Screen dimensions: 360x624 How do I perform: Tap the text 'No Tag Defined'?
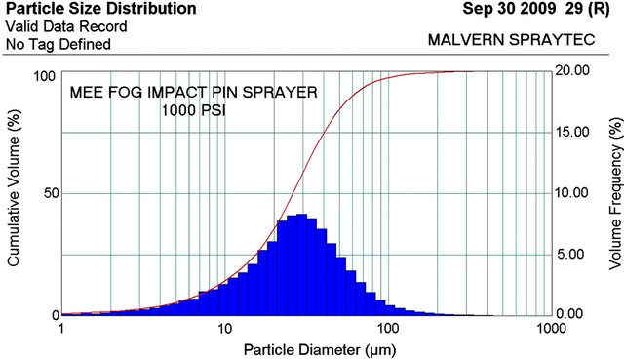[x=58, y=44]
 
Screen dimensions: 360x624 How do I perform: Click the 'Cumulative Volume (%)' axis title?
[x=16, y=192]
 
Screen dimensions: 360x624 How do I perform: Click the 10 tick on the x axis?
[x=224, y=330]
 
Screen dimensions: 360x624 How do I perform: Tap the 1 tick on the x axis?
[x=63, y=330]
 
